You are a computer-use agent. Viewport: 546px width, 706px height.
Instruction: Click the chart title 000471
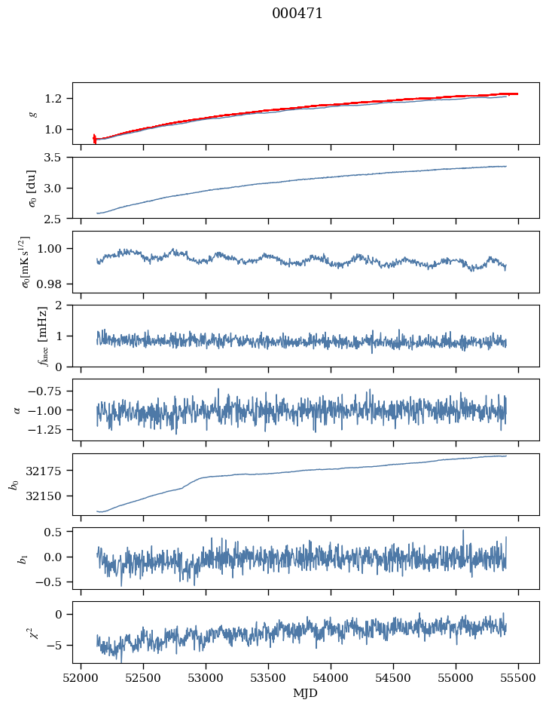point(297,14)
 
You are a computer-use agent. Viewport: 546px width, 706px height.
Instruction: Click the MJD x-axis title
point(306,693)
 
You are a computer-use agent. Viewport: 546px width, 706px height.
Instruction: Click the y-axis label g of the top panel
point(32,113)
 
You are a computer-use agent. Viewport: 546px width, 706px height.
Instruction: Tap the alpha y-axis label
point(18,410)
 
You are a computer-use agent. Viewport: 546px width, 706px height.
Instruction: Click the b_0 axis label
point(14,483)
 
